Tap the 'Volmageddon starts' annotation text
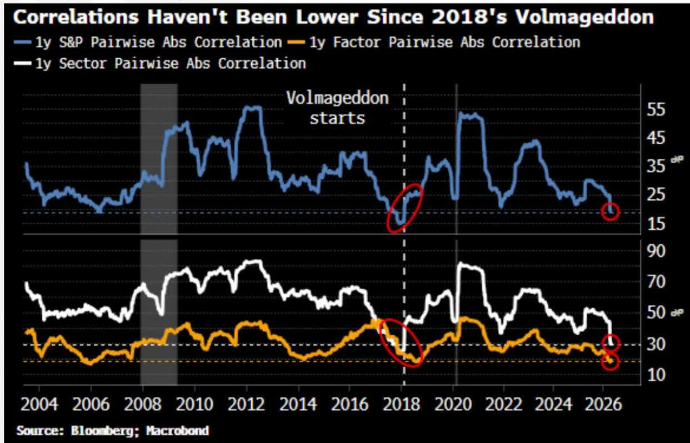[x=337, y=108]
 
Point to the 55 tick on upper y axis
[x=657, y=109]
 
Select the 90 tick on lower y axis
[x=657, y=251]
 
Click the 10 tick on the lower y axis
[x=657, y=375]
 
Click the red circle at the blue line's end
[x=610, y=212]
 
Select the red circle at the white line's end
[x=610, y=343]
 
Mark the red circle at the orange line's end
[x=610, y=361]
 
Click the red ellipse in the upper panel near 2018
[x=404, y=207]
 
